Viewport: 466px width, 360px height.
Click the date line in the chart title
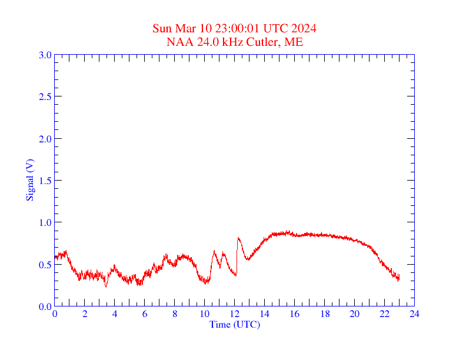[x=235, y=29]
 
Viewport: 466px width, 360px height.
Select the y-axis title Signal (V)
[x=29, y=180]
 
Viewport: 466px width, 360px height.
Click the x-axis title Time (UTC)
[x=235, y=324]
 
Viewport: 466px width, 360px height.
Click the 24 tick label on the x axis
[x=414, y=314]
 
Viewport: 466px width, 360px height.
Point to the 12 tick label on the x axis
[x=235, y=314]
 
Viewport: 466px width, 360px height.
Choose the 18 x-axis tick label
[x=325, y=314]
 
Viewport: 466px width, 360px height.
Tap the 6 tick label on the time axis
[x=145, y=314]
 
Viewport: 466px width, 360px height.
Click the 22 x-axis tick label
[x=384, y=314]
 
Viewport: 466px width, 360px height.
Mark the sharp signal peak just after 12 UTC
[x=238, y=238]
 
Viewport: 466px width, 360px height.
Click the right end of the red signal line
[x=399, y=277]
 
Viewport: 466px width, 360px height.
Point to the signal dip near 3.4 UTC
[x=106, y=286]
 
